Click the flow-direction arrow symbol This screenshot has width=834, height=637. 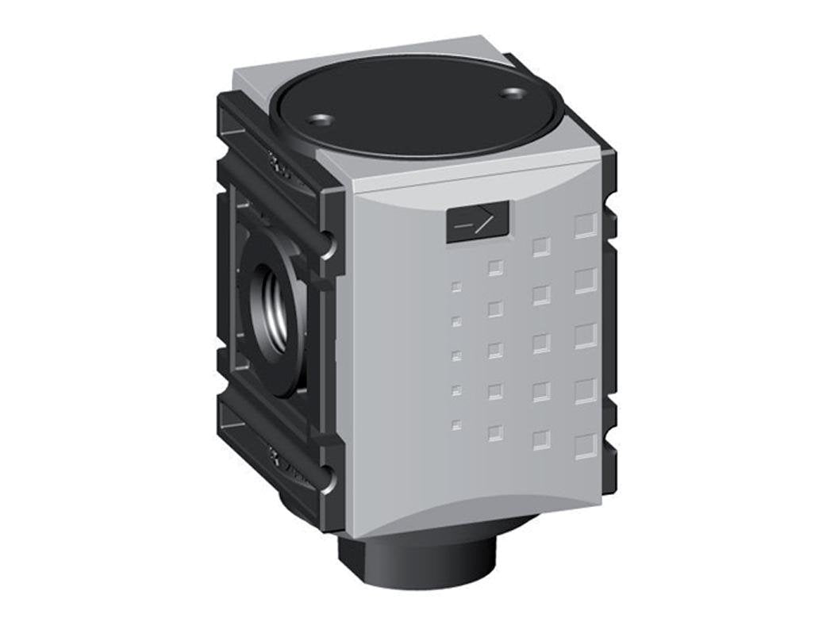pyautogui.click(x=477, y=222)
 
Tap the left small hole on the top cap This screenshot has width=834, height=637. pyautogui.click(x=321, y=121)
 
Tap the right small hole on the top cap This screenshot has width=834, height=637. pyautogui.click(x=513, y=94)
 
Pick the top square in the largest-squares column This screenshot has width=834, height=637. pyautogui.click(x=585, y=225)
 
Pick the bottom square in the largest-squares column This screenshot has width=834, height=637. pyautogui.click(x=585, y=446)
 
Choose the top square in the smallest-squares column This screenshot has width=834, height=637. pyautogui.click(x=456, y=287)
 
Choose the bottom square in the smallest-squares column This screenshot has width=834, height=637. pyautogui.click(x=456, y=425)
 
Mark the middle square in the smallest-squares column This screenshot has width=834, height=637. pyautogui.click(x=456, y=355)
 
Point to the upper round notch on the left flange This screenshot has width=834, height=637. pyautogui.click(x=327, y=248)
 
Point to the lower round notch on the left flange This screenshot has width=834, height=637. pyautogui.click(x=327, y=480)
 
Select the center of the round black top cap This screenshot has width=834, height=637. pyautogui.click(x=417, y=107)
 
